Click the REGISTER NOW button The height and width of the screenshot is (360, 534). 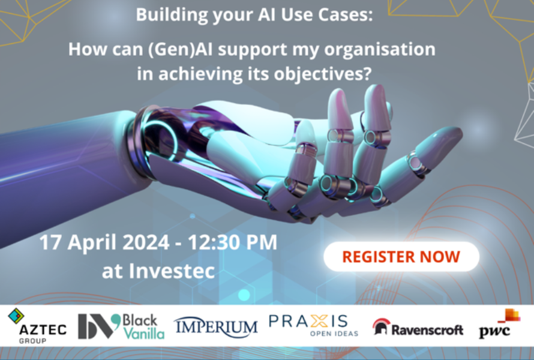pos(401,257)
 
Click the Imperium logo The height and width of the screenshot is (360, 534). pos(216,326)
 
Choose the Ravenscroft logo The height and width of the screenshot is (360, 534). pos(418,328)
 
